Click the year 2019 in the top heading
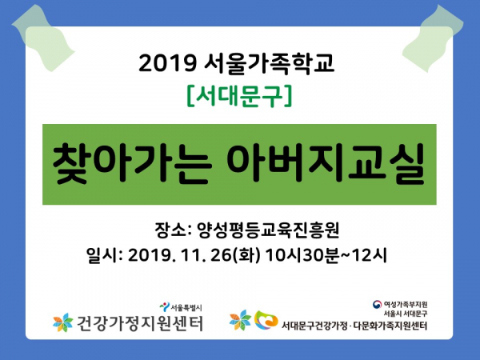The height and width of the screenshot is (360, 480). click(x=167, y=63)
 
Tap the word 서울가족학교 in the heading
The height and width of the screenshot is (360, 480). click(x=269, y=63)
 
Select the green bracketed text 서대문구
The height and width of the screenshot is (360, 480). click(x=240, y=97)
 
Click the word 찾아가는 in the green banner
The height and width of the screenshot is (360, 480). click(x=132, y=163)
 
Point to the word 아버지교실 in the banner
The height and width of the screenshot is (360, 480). click(x=326, y=163)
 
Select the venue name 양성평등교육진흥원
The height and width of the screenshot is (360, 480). click(x=268, y=230)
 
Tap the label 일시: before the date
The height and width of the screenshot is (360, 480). click(x=104, y=255)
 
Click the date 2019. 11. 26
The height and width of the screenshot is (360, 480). click(x=179, y=255)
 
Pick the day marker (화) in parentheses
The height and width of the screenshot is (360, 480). click(x=246, y=255)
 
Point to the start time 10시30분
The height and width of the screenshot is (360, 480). click(x=302, y=255)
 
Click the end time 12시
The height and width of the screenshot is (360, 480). click(x=370, y=255)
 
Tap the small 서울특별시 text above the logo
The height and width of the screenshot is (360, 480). click(x=186, y=307)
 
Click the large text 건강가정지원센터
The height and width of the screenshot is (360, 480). click(x=139, y=323)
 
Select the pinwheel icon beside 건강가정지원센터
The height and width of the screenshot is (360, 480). click(x=63, y=322)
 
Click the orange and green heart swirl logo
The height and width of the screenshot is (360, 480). click(x=266, y=320)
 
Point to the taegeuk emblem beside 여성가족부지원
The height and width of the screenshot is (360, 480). click(x=377, y=304)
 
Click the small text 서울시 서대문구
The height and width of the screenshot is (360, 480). click(x=406, y=314)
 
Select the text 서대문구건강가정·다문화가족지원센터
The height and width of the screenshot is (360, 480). click(x=354, y=326)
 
